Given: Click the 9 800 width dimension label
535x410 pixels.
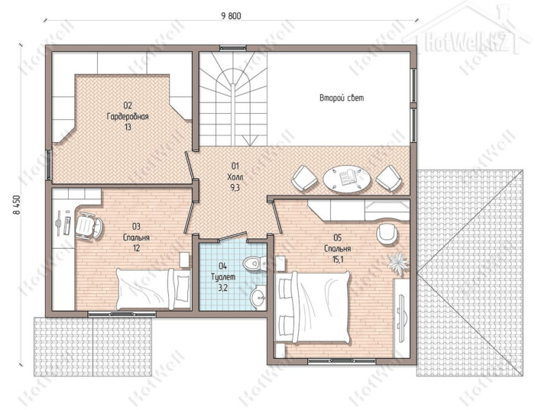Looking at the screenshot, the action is [231, 16].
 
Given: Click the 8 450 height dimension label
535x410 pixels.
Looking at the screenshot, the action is [16, 205].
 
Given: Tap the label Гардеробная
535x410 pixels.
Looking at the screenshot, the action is [128, 117].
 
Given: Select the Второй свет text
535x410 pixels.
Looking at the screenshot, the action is [342, 98].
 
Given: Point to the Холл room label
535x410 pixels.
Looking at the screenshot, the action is [235, 177].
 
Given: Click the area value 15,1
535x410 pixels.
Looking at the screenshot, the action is [338, 260].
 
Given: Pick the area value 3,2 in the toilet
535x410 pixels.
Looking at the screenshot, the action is [223, 288].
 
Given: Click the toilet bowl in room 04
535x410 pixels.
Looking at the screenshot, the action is [255, 263].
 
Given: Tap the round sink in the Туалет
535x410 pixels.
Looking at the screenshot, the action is [258, 299].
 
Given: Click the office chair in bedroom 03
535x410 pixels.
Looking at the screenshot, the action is [89, 225].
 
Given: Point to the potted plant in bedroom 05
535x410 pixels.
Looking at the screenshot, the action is [398, 263].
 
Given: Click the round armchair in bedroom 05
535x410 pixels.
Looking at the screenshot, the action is [387, 234].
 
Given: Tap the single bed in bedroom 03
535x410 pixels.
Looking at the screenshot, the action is [153, 289].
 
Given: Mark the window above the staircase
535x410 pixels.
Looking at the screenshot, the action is [233, 48].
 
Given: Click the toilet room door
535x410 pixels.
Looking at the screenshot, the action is [232, 237].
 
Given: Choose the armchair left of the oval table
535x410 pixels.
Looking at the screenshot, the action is [304, 178].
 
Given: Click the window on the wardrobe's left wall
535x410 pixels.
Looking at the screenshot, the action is [49, 165].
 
